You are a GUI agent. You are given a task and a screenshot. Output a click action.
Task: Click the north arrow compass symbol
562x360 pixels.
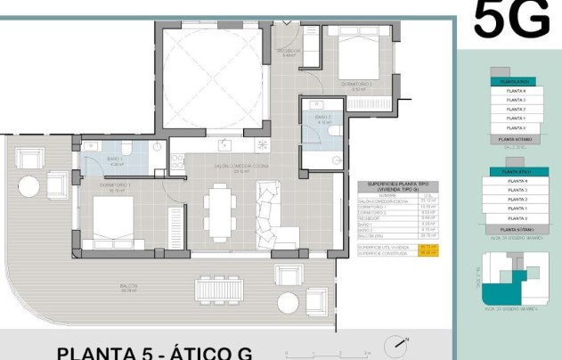click(x=397, y=344)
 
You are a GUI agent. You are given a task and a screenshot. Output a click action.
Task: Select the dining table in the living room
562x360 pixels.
click(x=217, y=212)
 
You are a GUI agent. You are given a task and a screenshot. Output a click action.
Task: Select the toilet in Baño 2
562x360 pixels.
click(x=333, y=131)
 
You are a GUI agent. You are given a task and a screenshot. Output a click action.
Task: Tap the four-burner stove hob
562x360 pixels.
click(x=262, y=143)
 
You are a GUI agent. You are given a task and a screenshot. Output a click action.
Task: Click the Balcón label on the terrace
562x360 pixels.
click(x=128, y=287)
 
